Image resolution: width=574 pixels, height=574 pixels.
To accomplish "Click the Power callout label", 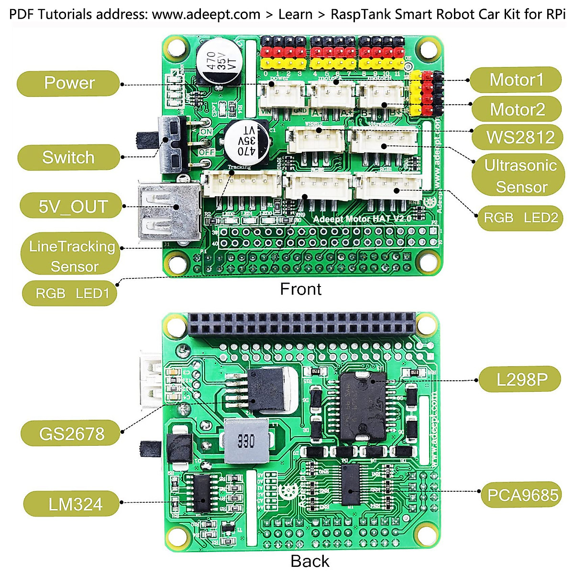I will pos(68,83).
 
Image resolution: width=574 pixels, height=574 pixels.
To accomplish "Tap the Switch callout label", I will pos(68,157).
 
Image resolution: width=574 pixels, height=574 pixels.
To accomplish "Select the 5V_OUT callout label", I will pos(72,207).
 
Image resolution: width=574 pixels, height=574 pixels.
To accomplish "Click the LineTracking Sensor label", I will pos(71,256).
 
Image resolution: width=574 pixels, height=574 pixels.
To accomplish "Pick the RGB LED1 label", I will pos(71,293).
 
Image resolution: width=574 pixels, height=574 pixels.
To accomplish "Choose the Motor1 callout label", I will pos(516,80).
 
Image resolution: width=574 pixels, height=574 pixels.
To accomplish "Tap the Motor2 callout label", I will pos(517,110).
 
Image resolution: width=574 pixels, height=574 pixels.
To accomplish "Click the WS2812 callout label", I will pos(520,137).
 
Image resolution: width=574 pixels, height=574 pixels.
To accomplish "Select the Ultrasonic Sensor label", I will pos(520,176).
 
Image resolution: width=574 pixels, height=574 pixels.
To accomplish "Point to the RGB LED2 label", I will pos(520,218).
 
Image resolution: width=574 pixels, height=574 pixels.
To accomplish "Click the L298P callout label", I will pos(521,380).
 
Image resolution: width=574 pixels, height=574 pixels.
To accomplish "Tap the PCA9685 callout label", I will pos(522,495).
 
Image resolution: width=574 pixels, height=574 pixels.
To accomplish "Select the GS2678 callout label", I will pos(71,434).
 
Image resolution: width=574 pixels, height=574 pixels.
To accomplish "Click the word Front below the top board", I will pos(300,289).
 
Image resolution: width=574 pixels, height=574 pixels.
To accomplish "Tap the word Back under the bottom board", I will pos(309,561).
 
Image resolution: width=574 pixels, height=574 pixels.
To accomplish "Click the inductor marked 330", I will pos(245,441).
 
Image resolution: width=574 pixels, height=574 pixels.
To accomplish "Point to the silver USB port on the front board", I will pos(168,210).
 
